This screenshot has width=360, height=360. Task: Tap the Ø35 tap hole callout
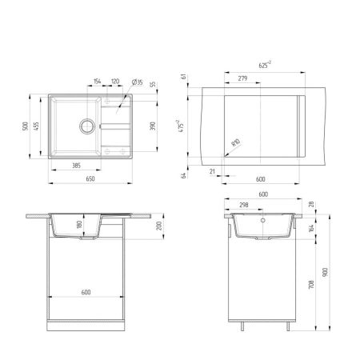[138, 81]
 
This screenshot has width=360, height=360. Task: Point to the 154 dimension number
[98, 81]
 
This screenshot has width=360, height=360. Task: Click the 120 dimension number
[114, 81]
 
